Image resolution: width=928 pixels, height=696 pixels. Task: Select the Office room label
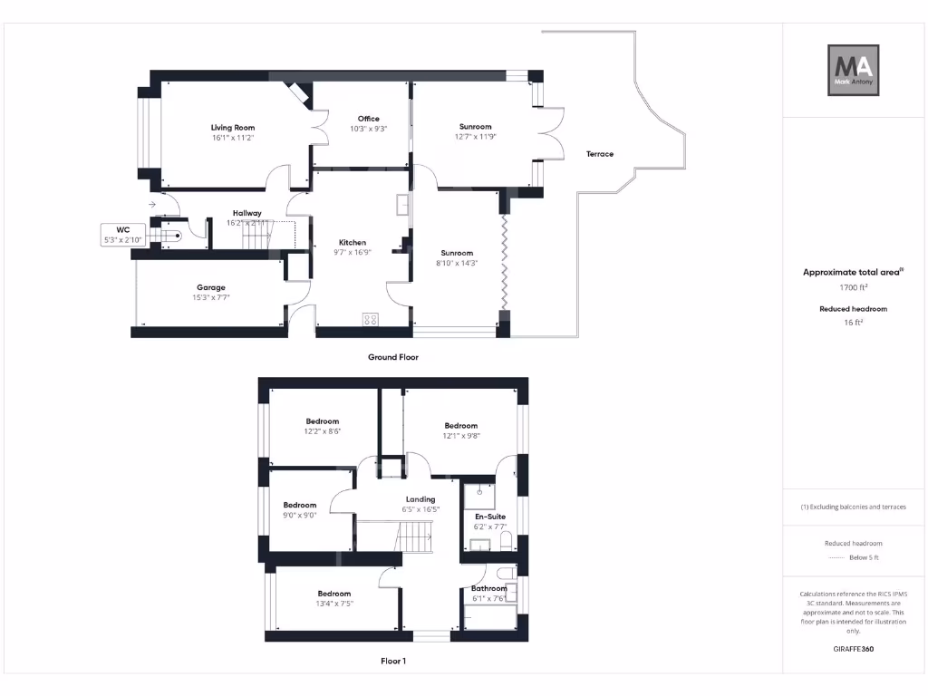(368, 119)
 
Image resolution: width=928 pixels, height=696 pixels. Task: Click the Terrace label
(600, 154)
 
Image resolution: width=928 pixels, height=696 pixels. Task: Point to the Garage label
(210, 287)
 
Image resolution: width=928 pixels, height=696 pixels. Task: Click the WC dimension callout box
(121, 235)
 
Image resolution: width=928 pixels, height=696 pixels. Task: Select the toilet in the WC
(173, 236)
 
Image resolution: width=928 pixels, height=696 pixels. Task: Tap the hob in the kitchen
(370, 319)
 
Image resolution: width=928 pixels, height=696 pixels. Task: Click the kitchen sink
(400, 206)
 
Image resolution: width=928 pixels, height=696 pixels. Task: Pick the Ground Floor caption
(392, 357)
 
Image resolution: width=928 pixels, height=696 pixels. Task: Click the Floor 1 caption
(392, 662)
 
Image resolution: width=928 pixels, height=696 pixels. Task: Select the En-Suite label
(490, 517)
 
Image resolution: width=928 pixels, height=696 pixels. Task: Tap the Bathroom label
(488, 588)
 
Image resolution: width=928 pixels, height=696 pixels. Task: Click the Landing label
(420, 499)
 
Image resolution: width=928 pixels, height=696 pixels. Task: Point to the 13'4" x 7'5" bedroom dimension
(334, 604)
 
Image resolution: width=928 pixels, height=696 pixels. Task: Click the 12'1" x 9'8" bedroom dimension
(460, 436)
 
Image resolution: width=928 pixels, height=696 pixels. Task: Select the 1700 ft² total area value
(853, 287)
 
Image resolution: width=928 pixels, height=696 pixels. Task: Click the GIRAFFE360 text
(853, 649)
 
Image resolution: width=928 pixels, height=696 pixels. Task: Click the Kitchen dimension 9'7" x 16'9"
(353, 253)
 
